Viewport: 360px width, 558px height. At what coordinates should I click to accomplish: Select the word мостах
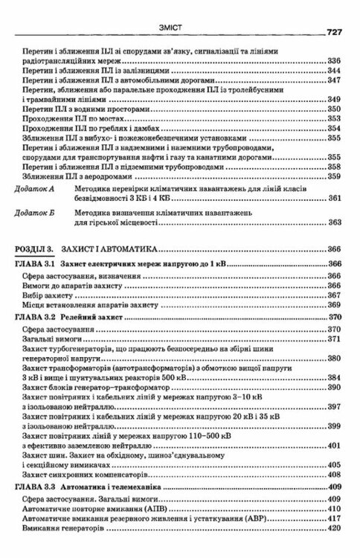point(91,119)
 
